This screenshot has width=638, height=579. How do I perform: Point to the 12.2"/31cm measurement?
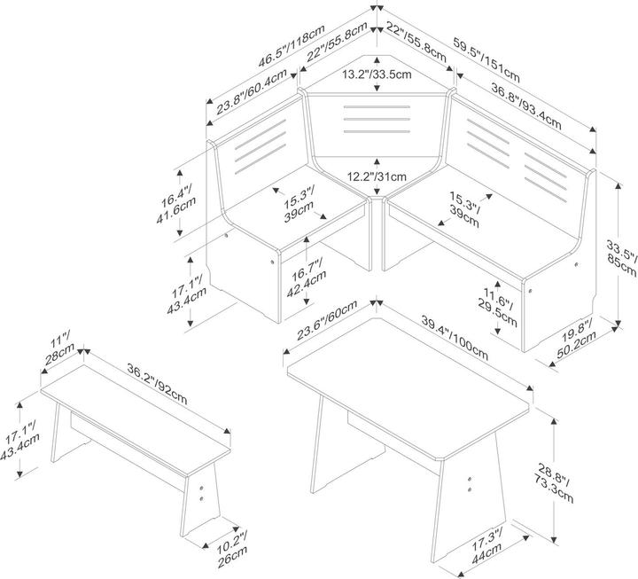tap(377, 175)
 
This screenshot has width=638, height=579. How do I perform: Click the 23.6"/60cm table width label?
tap(327, 320)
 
